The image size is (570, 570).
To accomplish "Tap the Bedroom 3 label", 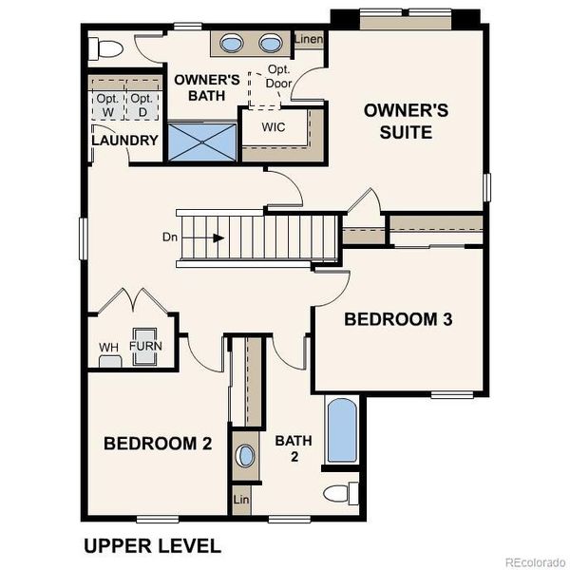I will coord(398,319).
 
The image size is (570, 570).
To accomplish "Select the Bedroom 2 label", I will coord(158,443).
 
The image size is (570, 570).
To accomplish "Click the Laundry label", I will coord(124,141).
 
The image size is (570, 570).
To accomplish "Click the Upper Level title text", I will coord(152,546).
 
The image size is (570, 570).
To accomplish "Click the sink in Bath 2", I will coord(245,455).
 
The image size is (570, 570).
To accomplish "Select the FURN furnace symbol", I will coord(145,346).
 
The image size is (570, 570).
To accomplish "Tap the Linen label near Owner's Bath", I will coord(309,40).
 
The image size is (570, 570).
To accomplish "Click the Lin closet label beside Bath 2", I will coord(241,500).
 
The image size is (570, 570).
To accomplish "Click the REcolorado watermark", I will coord(535,560).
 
